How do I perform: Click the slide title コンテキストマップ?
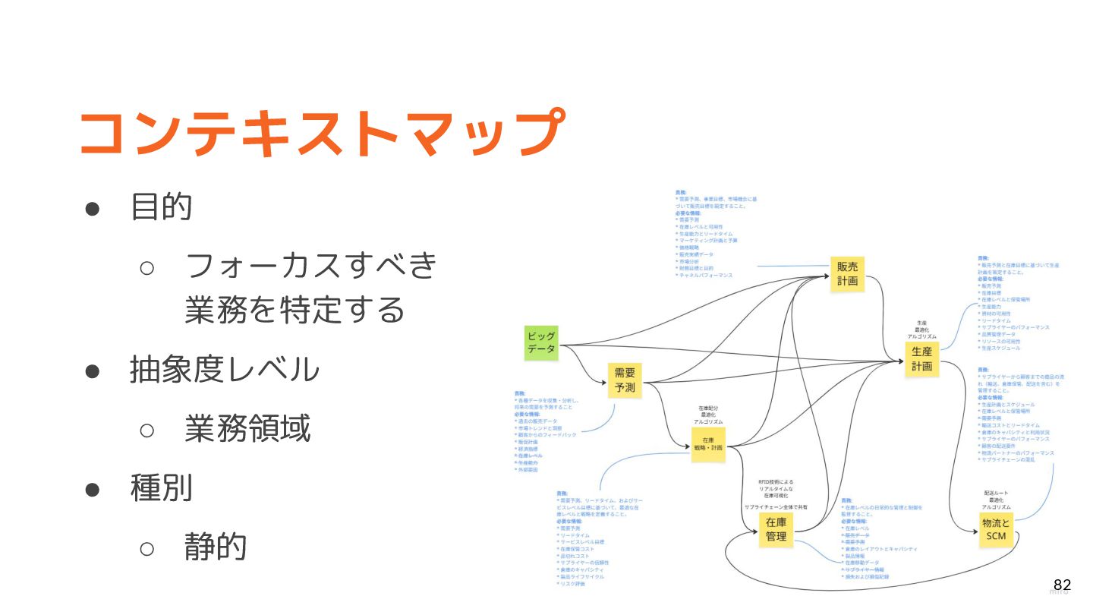tap(322, 134)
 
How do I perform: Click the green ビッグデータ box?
tap(541, 342)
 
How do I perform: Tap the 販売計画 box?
tap(847, 274)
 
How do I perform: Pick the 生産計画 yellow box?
tap(921, 359)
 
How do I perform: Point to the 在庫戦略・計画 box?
tap(707, 444)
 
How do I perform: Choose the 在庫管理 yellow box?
tap(776, 530)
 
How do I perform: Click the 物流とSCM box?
tap(996, 530)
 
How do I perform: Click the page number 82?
tap(1062, 585)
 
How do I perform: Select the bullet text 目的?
tap(162, 207)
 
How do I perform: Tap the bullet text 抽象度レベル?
tap(225, 370)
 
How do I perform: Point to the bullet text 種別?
tap(162, 487)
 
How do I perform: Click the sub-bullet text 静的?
tap(216, 546)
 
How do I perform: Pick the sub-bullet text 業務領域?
tap(247, 429)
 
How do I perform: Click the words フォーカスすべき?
tap(311, 265)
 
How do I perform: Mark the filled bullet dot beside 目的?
tap(93, 208)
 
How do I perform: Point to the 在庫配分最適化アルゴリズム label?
tap(708, 415)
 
